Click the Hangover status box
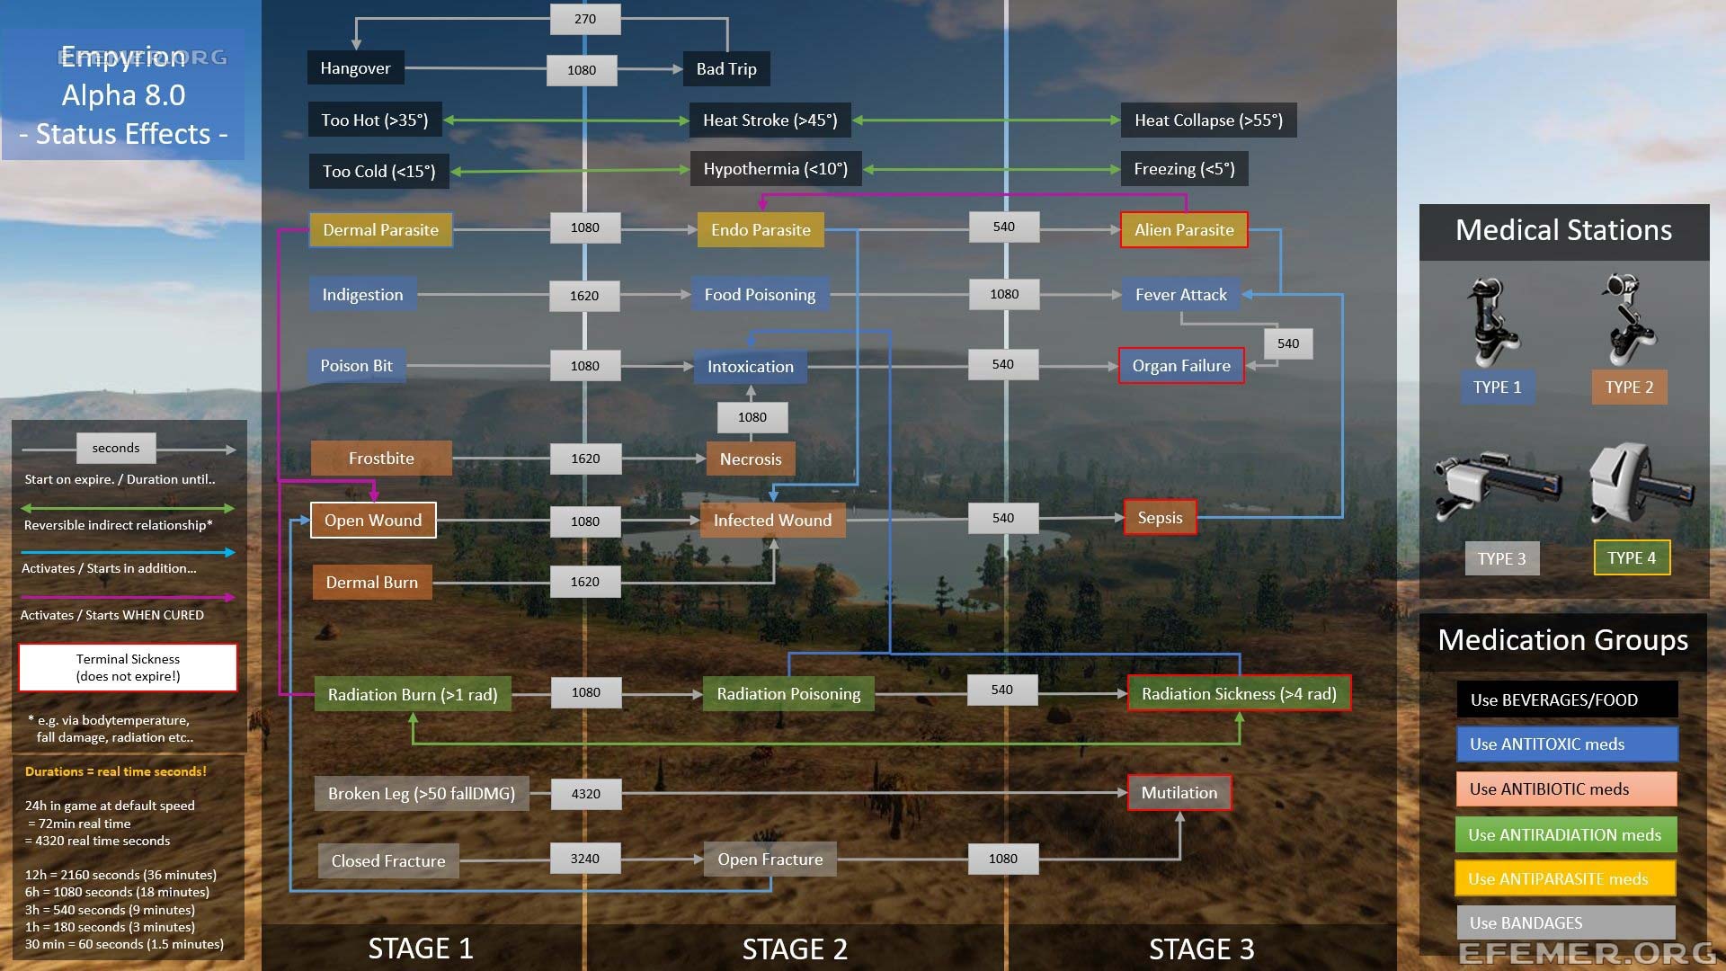[x=355, y=68]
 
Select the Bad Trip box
[x=726, y=69]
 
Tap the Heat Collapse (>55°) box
[x=1208, y=120]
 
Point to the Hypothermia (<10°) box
[x=775, y=169]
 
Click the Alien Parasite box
[x=1184, y=230]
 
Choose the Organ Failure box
[x=1181, y=366]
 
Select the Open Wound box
[x=373, y=521]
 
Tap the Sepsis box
[x=1160, y=518]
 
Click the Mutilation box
[x=1179, y=793]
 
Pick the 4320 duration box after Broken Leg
[x=585, y=794]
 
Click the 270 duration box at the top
[x=585, y=19]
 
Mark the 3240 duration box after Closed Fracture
[x=585, y=859]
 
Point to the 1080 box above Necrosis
[x=752, y=417]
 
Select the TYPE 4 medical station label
[x=1632, y=558]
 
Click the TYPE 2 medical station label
[x=1629, y=388]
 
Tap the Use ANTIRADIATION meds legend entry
[x=1565, y=835]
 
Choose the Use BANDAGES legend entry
[x=1565, y=923]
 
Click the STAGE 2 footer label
[x=795, y=949]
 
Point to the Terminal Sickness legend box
[x=128, y=668]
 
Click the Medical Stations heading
[x=1563, y=231]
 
